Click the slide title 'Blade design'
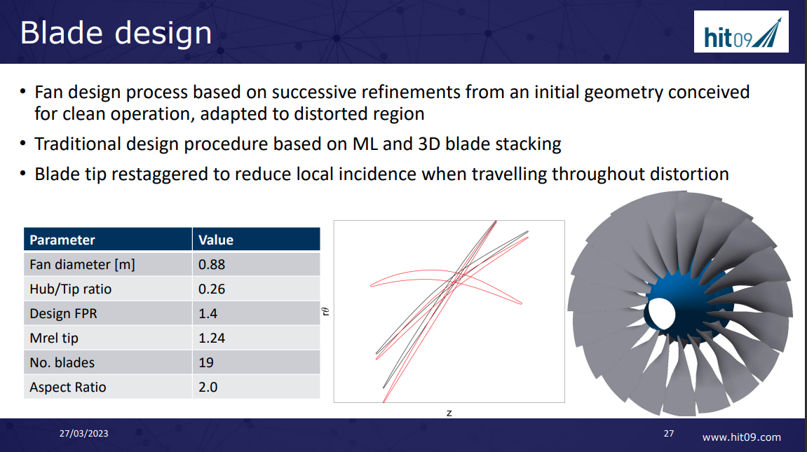coord(116,33)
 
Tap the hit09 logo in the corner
coord(741,32)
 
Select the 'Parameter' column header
coord(62,240)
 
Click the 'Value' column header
coord(216,240)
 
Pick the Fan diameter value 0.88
coord(212,264)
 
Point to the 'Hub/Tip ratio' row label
coord(70,289)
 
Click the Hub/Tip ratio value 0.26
coord(212,289)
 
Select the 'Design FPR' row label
coord(63,313)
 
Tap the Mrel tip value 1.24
coord(212,338)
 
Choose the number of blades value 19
coord(206,362)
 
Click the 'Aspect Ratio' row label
coord(67,387)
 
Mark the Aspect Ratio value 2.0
coord(208,387)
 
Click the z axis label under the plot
coord(449,413)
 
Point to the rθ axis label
coord(326,312)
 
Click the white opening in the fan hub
coord(659,313)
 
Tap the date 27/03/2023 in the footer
coord(83,434)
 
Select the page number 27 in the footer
coord(668,434)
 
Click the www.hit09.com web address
coord(741,437)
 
